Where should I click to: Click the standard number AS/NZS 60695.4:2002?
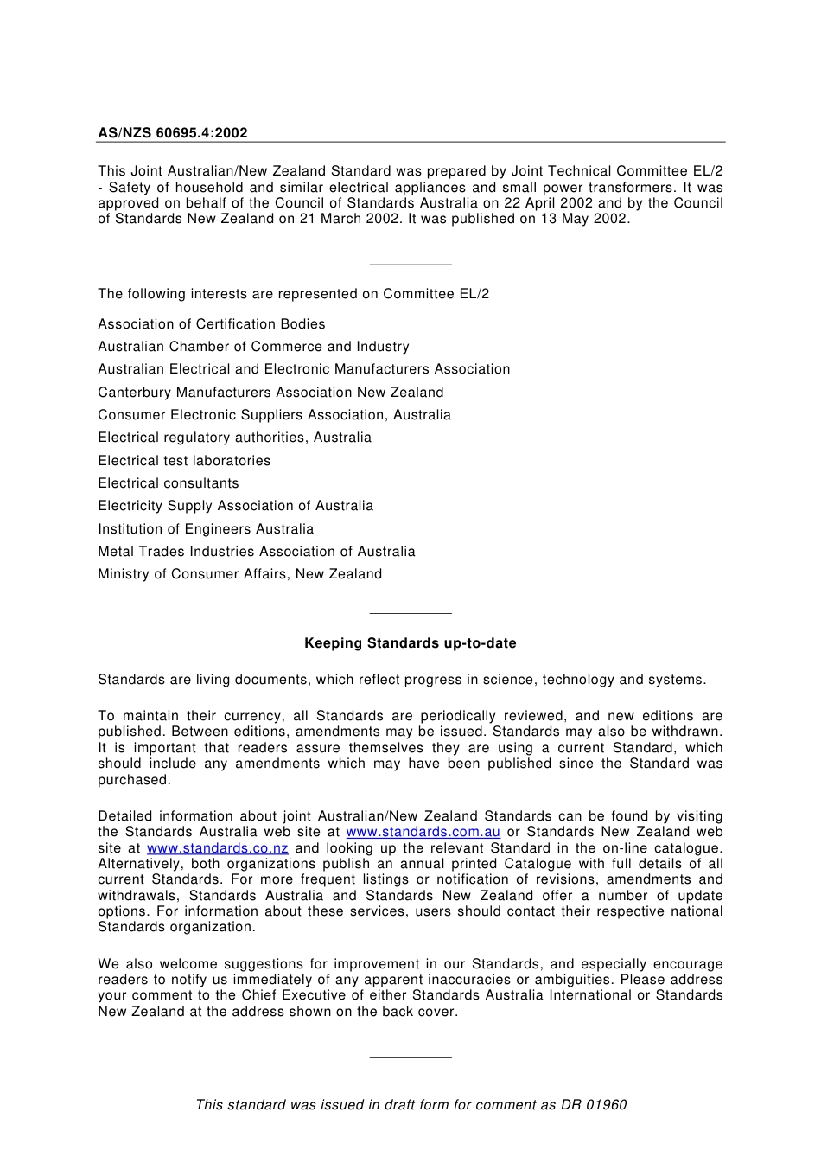click(x=172, y=133)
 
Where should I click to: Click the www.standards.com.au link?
click(x=423, y=832)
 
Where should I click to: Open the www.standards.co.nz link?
click(x=217, y=848)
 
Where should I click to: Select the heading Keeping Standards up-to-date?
click(x=410, y=643)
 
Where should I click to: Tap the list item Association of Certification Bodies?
click(x=211, y=324)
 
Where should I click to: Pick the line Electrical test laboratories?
click(x=184, y=461)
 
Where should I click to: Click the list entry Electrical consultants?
click(x=168, y=483)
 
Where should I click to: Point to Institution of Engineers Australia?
click(x=206, y=529)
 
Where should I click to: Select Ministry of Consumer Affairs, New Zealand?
click(x=239, y=574)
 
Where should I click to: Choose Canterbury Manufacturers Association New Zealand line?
click(x=270, y=393)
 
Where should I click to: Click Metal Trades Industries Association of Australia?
click(x=256, y=552)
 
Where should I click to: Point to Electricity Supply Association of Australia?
click(x=235, y=506)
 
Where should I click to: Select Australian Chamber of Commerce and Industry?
click(x=253, y=347)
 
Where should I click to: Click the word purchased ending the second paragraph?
click(x=133, y=780)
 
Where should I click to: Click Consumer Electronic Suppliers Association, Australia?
click(x=274, y=415)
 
